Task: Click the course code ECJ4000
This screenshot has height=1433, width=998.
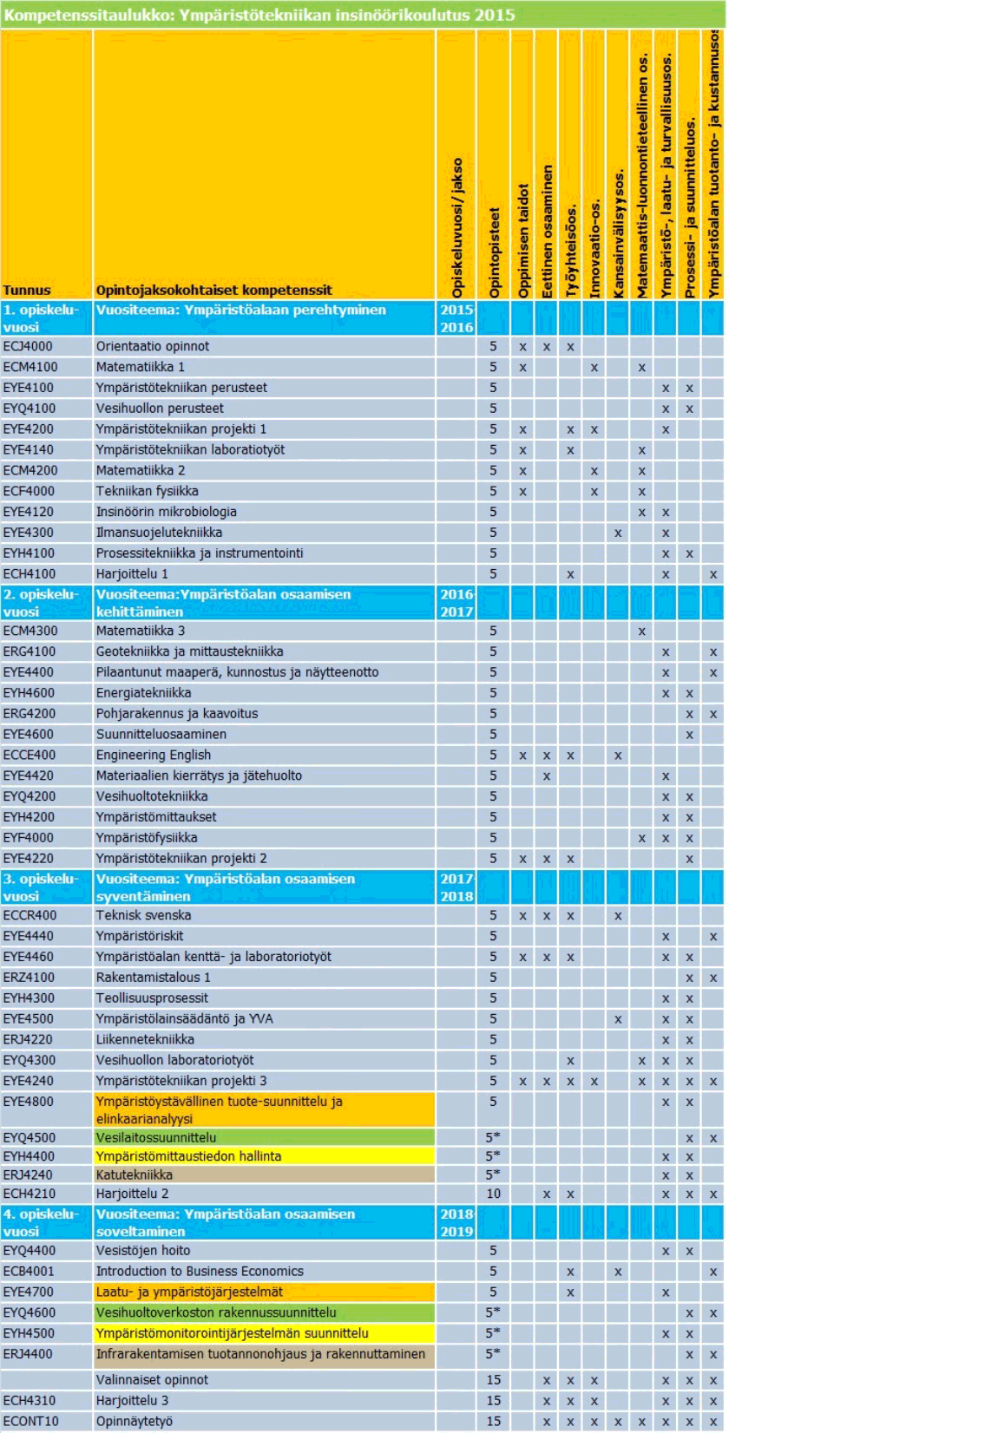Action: [28, 346]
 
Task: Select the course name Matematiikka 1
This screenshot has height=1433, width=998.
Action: [140, 367]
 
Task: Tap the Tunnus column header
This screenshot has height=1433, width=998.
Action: [27, 290]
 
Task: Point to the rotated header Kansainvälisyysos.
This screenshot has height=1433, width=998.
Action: [618, 234]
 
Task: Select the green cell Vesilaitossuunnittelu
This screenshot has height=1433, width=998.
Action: [156, 1137]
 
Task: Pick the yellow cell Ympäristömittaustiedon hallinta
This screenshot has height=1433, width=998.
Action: [188, 1156]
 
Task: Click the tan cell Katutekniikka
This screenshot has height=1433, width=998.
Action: [135, 1175]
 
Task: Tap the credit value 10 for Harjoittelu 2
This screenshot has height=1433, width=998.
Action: [493, 1194]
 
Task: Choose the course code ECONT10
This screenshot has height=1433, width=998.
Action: [30, 1421]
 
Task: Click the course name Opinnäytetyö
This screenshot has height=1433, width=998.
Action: [135, 1421]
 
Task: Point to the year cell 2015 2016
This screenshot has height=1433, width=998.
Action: [456, 318]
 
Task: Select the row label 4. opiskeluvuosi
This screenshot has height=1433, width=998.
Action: [41, 1222]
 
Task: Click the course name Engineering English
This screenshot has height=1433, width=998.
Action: [154, 755]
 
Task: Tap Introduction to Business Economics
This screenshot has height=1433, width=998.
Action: [200, 1271]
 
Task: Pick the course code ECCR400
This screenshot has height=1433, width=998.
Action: [30, 915]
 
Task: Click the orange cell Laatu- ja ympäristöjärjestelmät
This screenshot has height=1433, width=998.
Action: [189, 1292]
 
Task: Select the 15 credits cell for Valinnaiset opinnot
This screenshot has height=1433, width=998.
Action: [493, 1379]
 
